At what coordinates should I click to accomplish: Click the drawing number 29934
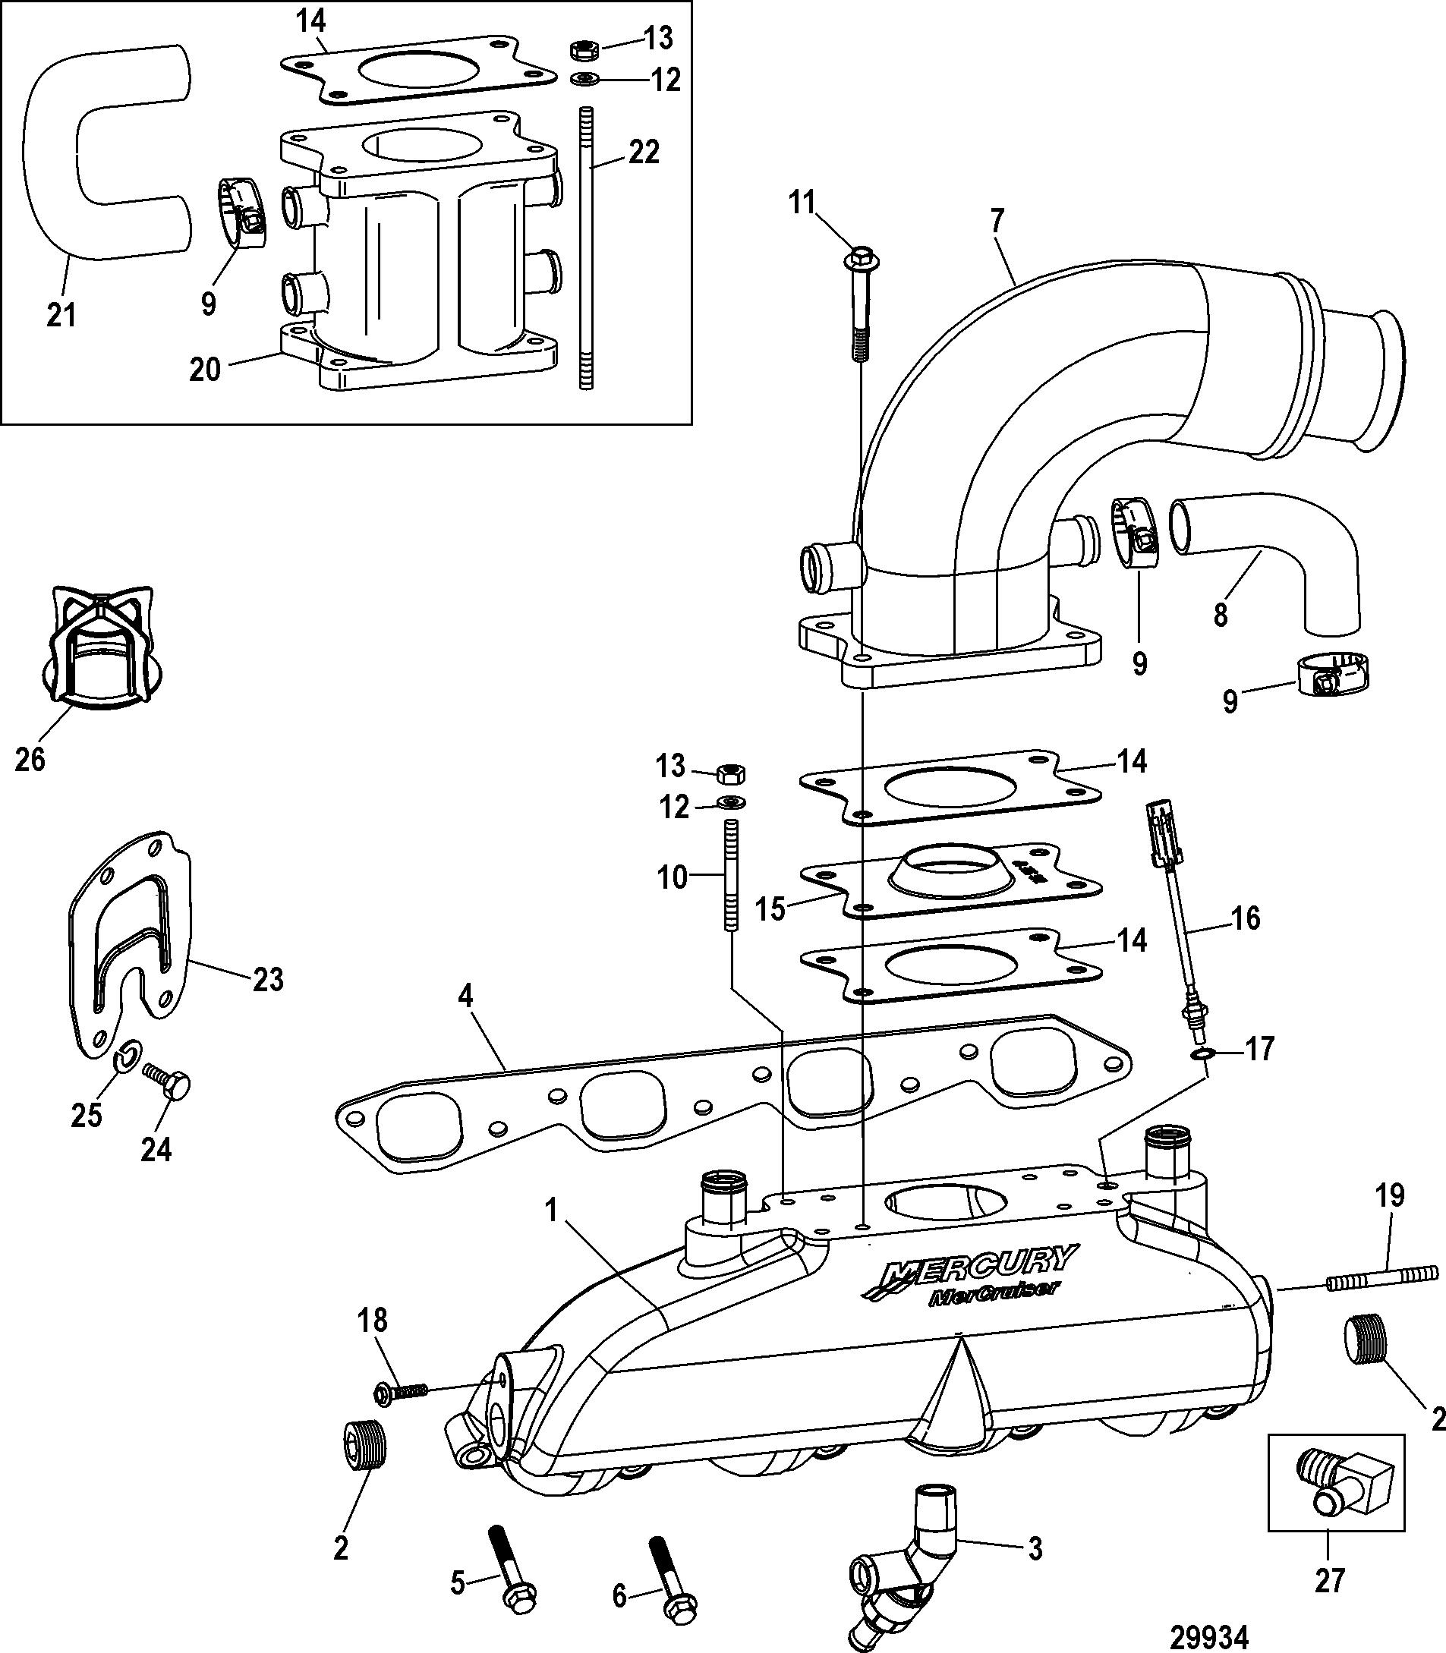point(1208,1636)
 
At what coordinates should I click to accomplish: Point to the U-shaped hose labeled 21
point(73,153)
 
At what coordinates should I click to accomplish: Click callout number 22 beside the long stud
point(643,153)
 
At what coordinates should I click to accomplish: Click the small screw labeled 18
point(400,1391)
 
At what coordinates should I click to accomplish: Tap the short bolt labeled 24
point(167,1082)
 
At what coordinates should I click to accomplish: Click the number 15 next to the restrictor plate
point(770,909)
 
